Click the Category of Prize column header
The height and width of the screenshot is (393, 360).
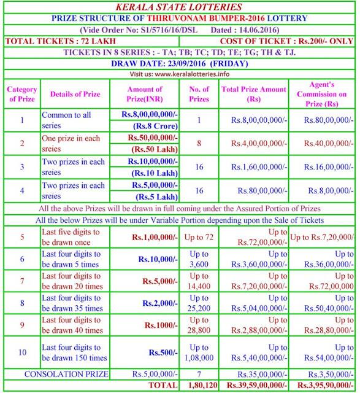pos(21,95)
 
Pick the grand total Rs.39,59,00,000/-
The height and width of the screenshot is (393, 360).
pos(253,385)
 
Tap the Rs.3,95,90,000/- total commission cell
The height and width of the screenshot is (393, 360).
pos(323,385)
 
